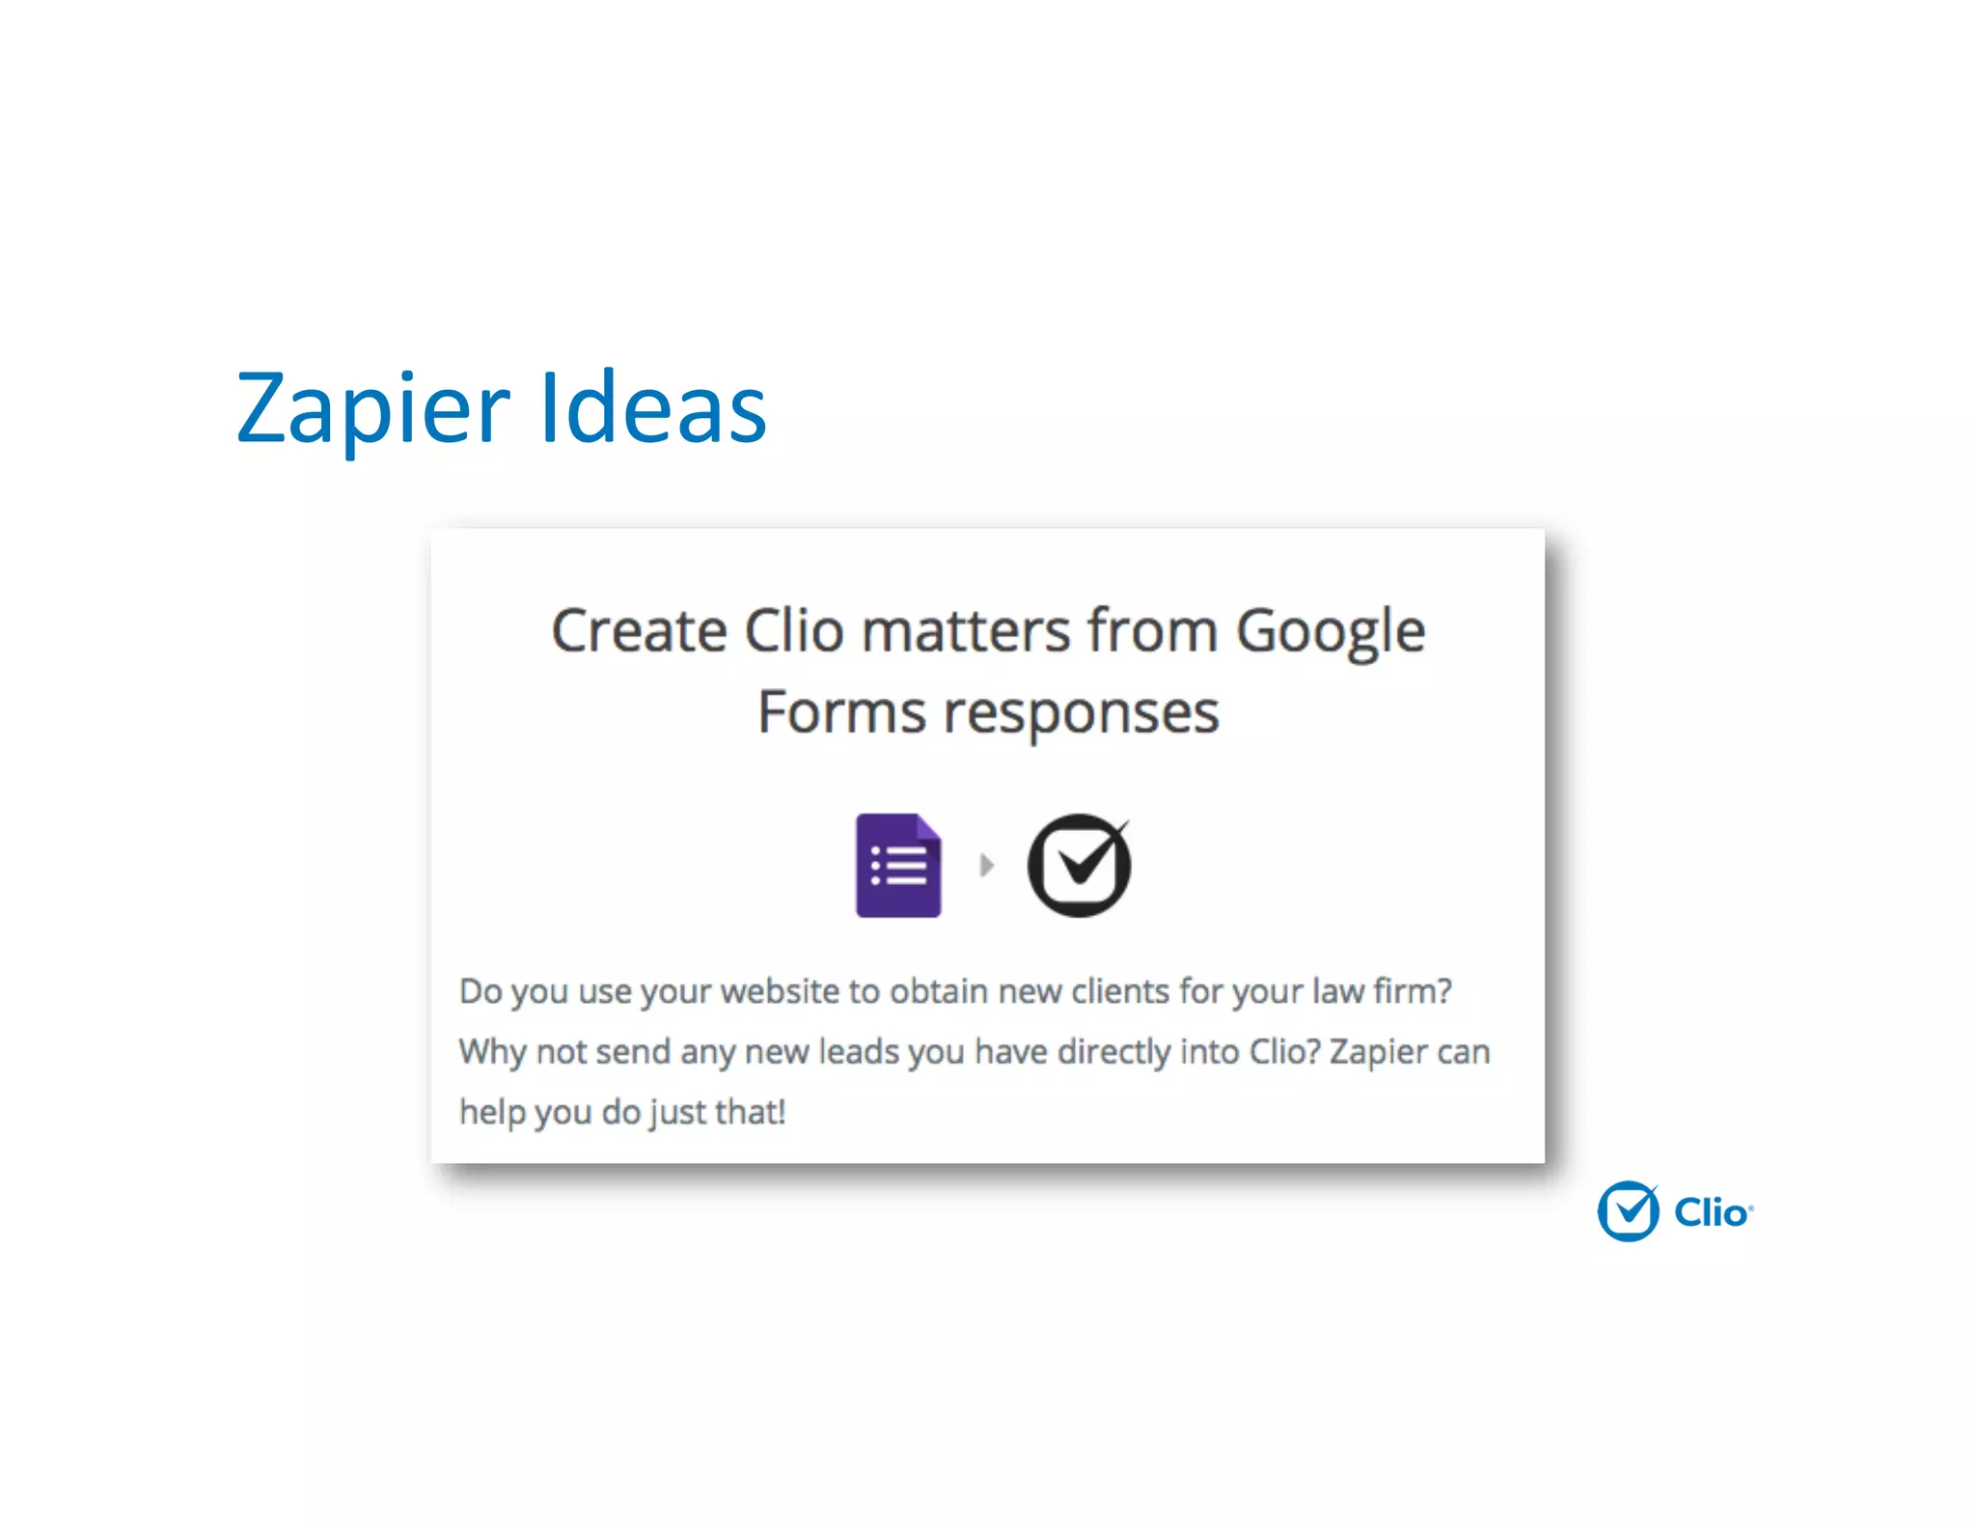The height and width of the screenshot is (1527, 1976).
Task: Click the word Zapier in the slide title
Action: click(372, 410)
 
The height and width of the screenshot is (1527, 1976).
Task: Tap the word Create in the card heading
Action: click(639, 631)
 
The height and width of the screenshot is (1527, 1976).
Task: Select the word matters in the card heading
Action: click(966, 631)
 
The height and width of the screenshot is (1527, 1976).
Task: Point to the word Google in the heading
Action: click(1331, 633)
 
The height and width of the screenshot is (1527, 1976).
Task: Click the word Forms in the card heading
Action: click(841, 712)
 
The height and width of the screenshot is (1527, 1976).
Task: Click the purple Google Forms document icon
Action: click(897, 865)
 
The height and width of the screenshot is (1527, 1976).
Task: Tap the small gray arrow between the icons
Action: click(986, 865)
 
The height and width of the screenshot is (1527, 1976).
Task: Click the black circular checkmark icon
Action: click(1079, 865)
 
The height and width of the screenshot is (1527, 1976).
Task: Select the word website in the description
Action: click(780, 991)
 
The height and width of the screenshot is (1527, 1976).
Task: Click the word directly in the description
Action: click(1113, 1051)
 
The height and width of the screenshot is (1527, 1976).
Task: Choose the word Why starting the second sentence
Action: click(492, 1051)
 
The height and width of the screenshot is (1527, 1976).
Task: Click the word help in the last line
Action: click(492, 1112)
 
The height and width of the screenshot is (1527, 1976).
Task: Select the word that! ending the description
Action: click(750, 1112)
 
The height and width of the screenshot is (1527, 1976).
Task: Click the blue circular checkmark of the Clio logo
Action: click(1628, 1211)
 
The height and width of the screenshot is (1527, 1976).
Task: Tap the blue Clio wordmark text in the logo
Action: click(1711, 1212)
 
